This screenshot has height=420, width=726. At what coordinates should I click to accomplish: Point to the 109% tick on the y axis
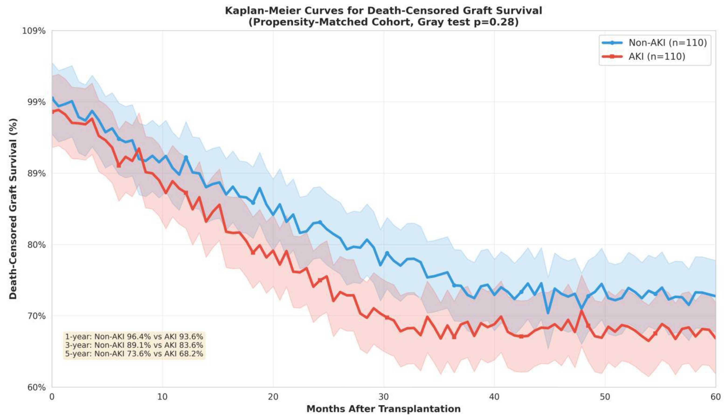click(34, 31)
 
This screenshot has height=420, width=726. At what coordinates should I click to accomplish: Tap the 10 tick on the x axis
click(162, 397)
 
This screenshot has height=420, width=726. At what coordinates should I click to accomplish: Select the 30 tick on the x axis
click(384, 397)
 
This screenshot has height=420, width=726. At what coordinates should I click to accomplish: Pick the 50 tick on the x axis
click(605, 397)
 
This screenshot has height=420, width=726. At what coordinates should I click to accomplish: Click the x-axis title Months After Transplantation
click(384, 409)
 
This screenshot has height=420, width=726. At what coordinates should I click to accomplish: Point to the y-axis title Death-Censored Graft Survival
click(13, 209)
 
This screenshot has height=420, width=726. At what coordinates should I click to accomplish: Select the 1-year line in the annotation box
click(134, 337)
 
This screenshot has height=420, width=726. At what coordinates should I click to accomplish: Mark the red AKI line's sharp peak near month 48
click(581, 311)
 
